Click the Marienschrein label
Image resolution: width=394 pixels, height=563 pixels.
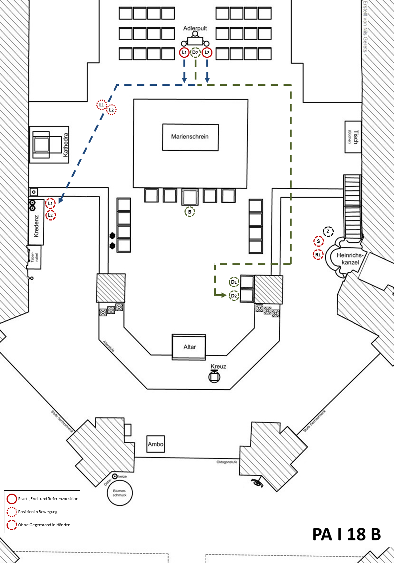190,137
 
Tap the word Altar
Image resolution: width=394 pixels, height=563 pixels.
190,347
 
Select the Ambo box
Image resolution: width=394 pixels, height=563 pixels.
155,444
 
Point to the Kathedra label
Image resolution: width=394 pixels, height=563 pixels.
66,145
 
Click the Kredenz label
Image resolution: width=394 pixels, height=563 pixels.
36,226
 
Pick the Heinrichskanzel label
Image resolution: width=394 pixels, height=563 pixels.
350,259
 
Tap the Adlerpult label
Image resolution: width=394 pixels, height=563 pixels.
195,28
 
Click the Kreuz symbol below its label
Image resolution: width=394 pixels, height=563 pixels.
214,377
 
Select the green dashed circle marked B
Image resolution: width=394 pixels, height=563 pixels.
190,212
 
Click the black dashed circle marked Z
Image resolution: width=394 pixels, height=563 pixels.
328,231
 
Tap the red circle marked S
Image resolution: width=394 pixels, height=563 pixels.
318,241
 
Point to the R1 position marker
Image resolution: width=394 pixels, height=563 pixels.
318,255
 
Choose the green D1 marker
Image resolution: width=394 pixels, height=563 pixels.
234,282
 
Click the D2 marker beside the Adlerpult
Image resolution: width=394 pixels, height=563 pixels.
195,52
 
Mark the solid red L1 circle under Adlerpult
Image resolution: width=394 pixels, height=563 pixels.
184,52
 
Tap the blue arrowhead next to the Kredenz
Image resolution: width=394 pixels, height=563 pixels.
60,199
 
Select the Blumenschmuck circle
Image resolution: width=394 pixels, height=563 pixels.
119,493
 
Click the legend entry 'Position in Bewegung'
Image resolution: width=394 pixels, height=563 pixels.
38,512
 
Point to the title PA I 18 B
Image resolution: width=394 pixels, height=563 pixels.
346,534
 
